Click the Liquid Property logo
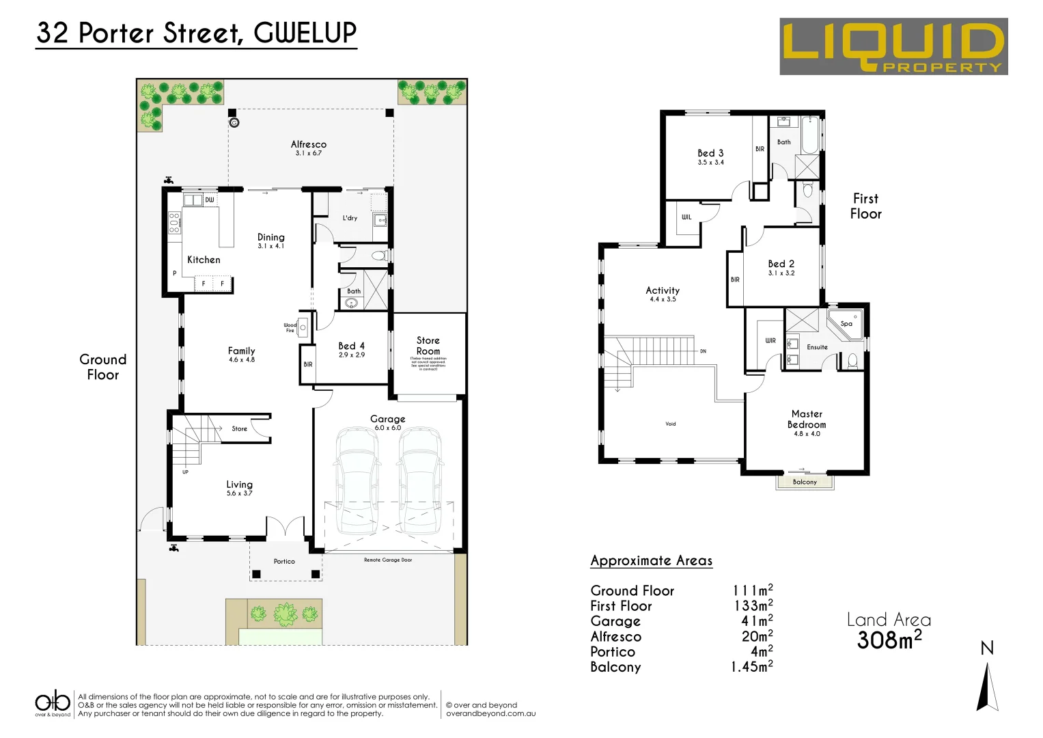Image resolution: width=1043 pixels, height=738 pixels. pos(893,46)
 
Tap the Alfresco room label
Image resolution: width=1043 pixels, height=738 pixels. pos(309,144)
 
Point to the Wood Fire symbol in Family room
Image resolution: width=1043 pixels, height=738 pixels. pos(303,328)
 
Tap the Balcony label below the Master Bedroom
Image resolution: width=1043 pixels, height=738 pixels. pos(805,482)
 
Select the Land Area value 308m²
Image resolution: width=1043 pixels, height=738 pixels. pos(889,640)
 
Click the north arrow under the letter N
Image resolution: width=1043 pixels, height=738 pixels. pos(987,687)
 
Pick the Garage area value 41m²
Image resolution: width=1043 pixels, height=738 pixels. pos(757,621)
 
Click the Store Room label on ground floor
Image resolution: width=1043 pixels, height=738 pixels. pos(428,346)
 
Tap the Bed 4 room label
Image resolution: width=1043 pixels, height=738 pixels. pos(352,346)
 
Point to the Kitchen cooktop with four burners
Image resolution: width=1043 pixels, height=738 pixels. pos(174,223)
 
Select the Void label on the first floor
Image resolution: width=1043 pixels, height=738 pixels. pos(671,424)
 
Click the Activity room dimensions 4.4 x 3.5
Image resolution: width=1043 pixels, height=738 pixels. pos(663,299)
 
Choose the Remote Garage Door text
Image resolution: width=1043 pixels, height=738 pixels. pos(388,560)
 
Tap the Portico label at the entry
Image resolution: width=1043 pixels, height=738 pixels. pos(284,562)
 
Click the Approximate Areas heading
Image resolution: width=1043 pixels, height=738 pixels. pos(651,561)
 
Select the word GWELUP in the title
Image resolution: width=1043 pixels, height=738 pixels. pos(305,33)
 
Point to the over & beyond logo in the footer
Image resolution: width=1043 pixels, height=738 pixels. pos(53,703)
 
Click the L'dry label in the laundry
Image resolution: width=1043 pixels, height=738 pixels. pos(350,218)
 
